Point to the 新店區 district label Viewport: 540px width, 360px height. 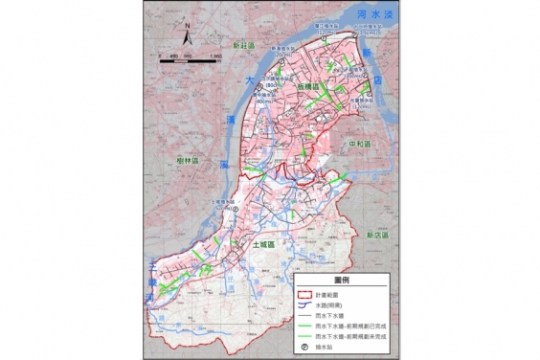click(x=374, y=234)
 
